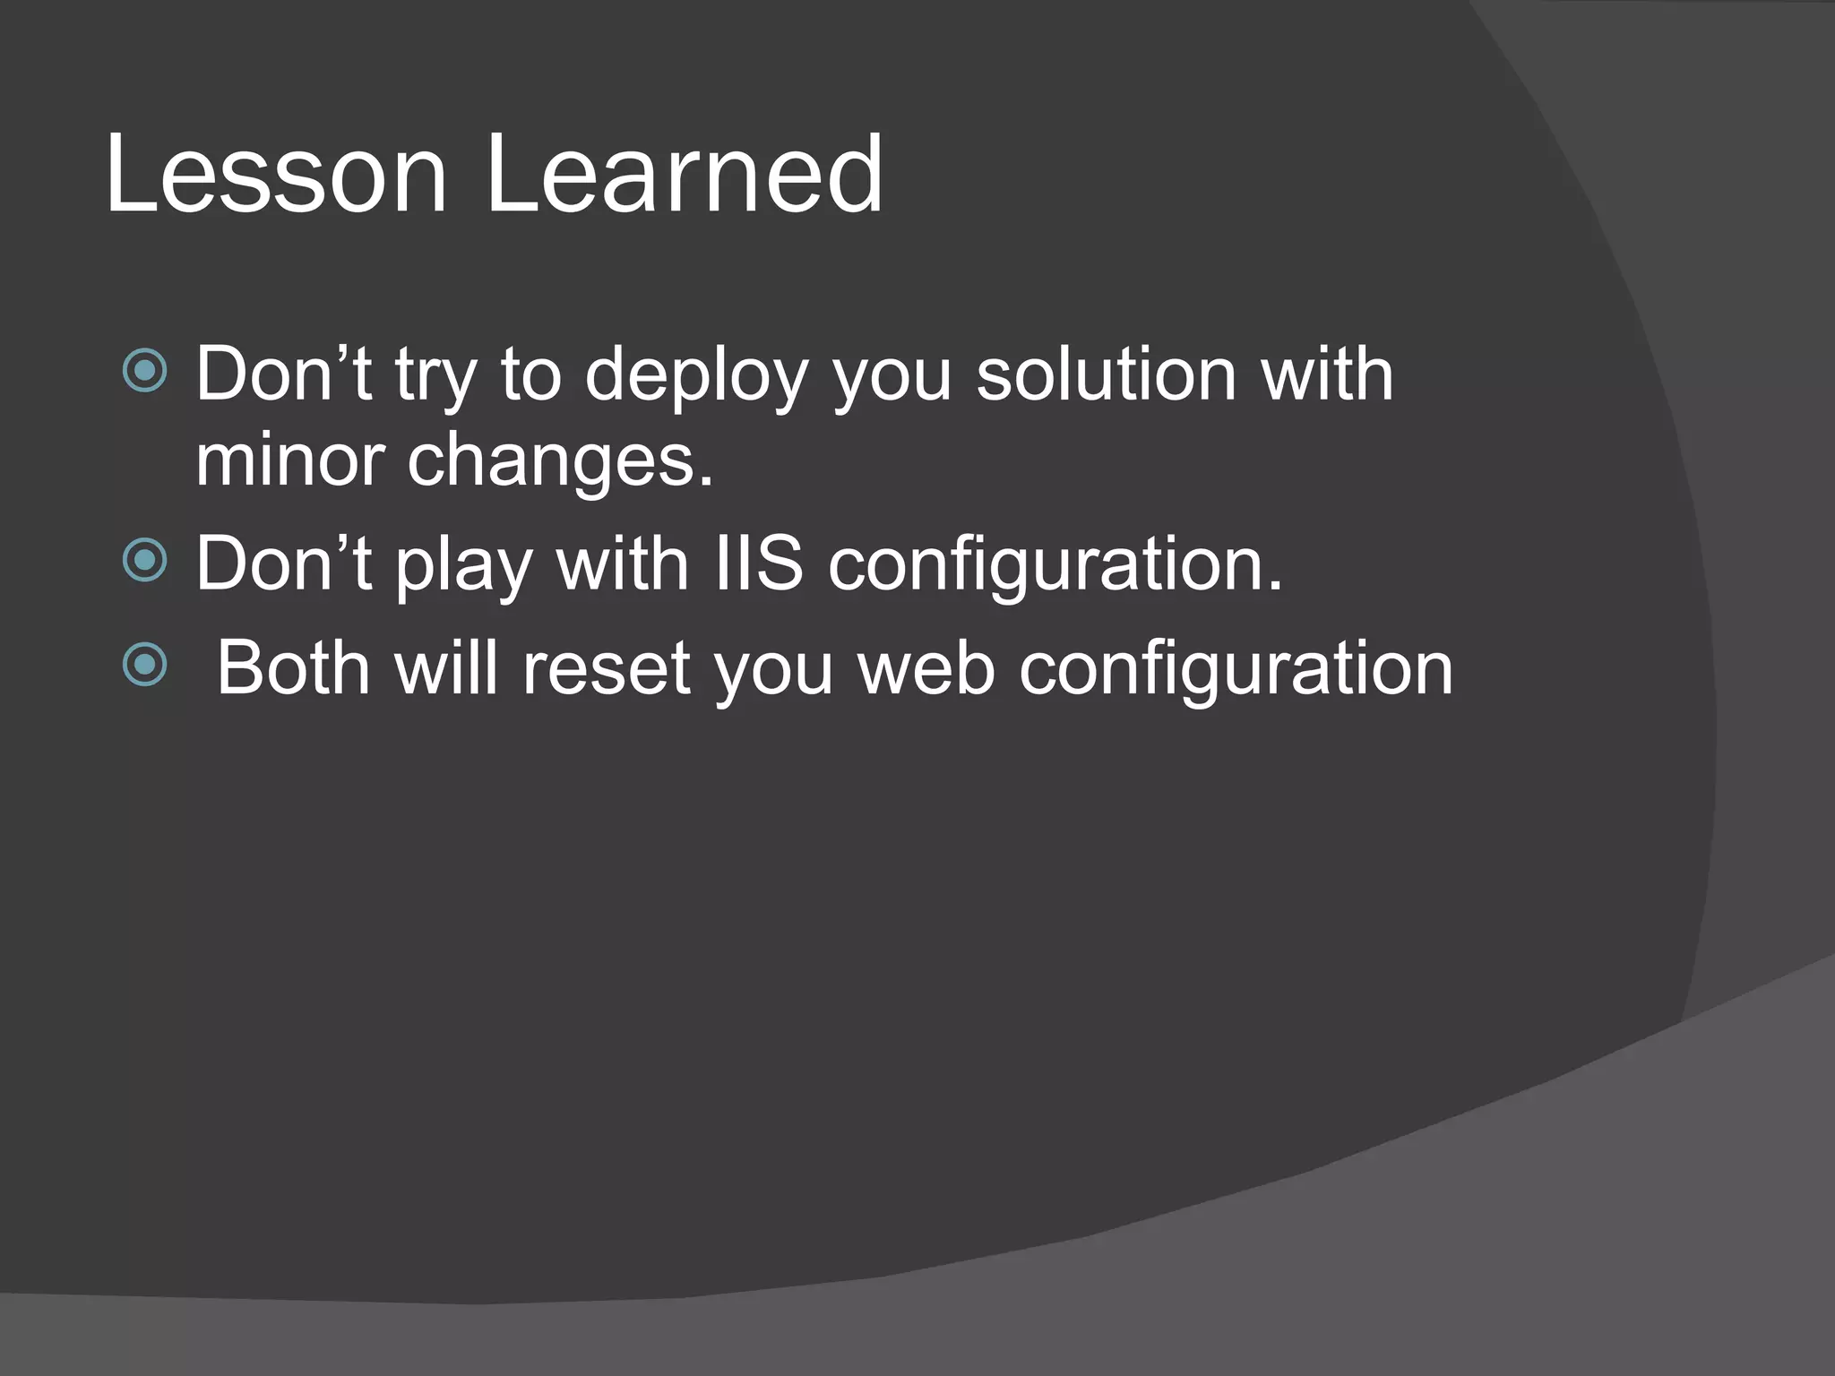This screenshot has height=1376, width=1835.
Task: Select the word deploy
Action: pos(696,375)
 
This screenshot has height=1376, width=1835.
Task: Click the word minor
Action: pos(289,460)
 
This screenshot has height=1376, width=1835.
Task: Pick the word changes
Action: pos(560,462)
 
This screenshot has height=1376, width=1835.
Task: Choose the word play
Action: pos(463,567)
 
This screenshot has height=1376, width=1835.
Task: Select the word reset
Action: pos(607,668)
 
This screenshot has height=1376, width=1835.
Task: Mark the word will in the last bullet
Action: pos(446,668)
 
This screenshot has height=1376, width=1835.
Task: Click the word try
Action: pos(435,377)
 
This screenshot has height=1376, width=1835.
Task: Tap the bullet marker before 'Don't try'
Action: pos(145,371)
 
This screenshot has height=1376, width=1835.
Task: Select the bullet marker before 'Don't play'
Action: pos(145,561)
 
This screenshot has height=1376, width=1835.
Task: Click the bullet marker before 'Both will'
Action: pos(145,665)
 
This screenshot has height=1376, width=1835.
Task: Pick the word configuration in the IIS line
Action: pos(1055,567)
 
